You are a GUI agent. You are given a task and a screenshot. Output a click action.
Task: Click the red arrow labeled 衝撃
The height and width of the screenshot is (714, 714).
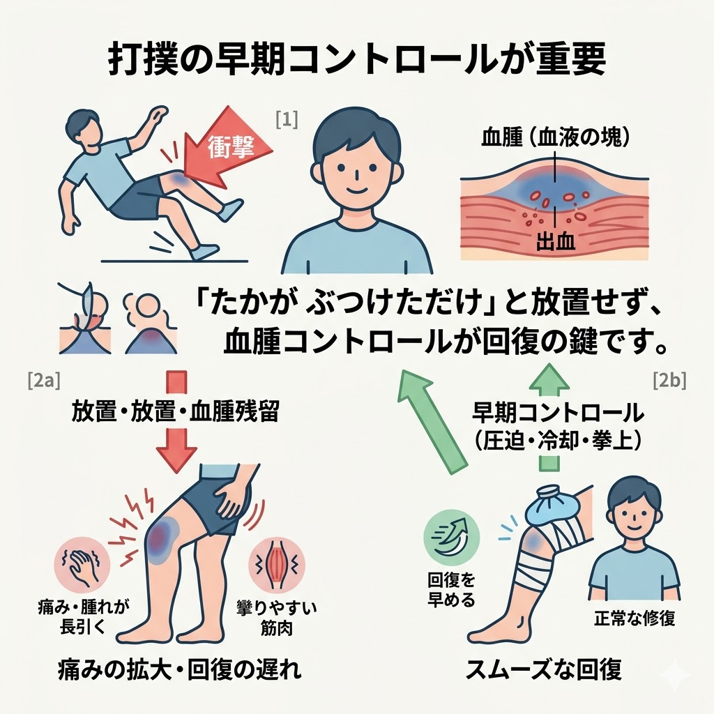pos(234,146)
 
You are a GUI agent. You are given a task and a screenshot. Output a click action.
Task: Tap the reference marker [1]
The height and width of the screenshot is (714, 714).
pos(287,120)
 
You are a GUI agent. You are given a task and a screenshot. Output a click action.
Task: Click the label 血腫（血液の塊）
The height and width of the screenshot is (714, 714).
pos(555,137)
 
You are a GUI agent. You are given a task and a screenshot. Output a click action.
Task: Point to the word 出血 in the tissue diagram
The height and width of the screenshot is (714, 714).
pos(556,243)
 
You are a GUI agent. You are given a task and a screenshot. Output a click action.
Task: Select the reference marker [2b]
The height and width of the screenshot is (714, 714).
pos(669,381)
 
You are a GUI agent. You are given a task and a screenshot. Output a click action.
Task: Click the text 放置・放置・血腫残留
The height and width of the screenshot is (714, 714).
pos(175,411)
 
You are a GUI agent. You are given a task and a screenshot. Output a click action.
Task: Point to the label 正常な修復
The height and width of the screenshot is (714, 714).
pos(635,618)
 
